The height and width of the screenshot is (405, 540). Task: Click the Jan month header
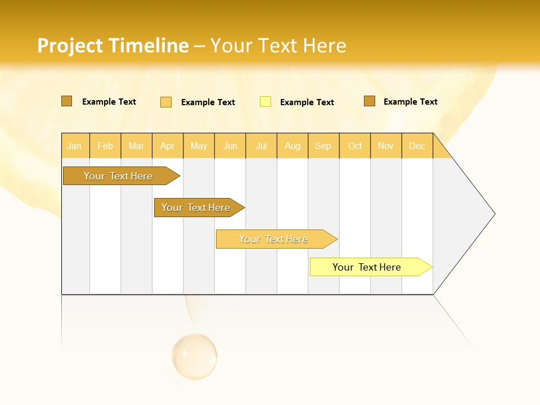(74, 146)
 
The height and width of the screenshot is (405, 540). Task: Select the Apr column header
(167, 146)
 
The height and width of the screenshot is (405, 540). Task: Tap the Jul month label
(261, 146)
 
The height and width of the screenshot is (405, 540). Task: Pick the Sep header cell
(323, 146)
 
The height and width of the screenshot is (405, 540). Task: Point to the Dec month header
(417, 146)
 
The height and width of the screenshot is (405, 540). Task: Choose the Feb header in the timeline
(105, 146)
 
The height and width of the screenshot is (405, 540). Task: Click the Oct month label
(355, 146)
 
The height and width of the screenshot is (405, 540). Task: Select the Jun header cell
(230, 146)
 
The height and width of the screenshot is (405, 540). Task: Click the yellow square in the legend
(265, 102)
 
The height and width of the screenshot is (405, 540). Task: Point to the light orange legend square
(166, 102)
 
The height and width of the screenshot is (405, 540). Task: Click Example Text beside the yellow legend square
(307, 102)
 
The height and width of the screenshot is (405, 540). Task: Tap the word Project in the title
(70, 46)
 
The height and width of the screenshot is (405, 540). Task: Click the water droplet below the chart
(195, 355)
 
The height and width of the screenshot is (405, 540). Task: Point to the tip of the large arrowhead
(494, 214)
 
